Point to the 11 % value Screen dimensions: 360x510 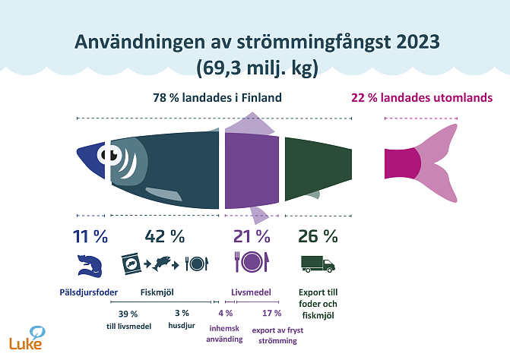point(90,236)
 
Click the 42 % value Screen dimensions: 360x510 point(165,236)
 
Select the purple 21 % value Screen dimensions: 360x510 point(251,236)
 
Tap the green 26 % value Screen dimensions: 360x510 point(318,236)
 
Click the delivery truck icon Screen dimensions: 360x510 point(318,264)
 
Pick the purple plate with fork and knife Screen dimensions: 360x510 point(251,263)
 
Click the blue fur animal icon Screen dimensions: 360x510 point(89,265)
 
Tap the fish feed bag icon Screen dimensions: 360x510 point(130,264)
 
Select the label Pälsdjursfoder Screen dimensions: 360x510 point(90,290)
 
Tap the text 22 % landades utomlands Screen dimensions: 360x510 point(421,98)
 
